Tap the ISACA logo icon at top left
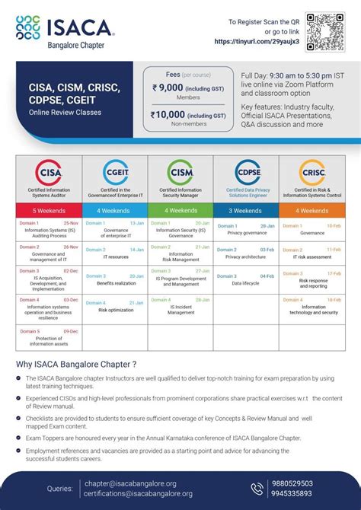(30, 30)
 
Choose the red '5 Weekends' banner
(49, 210)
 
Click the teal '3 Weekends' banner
(246, 210)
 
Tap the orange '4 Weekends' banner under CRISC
(311, 210)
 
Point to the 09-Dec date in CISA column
(70, 331)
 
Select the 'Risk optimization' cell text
(115, 311)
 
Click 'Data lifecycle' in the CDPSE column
(246, 283)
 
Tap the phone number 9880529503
(314, 483)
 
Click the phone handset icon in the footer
(257, 488)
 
